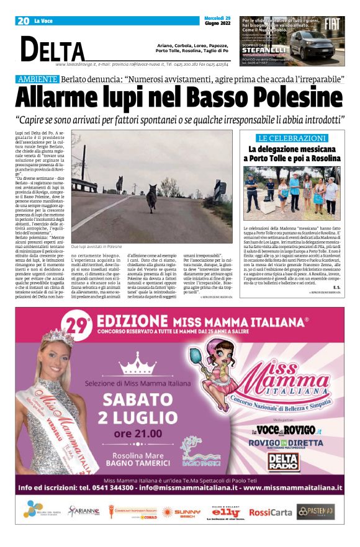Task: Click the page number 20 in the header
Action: (24, 21)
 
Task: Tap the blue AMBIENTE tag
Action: (38, 79)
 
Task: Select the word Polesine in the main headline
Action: (292, 97)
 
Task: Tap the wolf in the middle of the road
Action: (151, 200)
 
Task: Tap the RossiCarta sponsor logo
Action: (270, 512)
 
